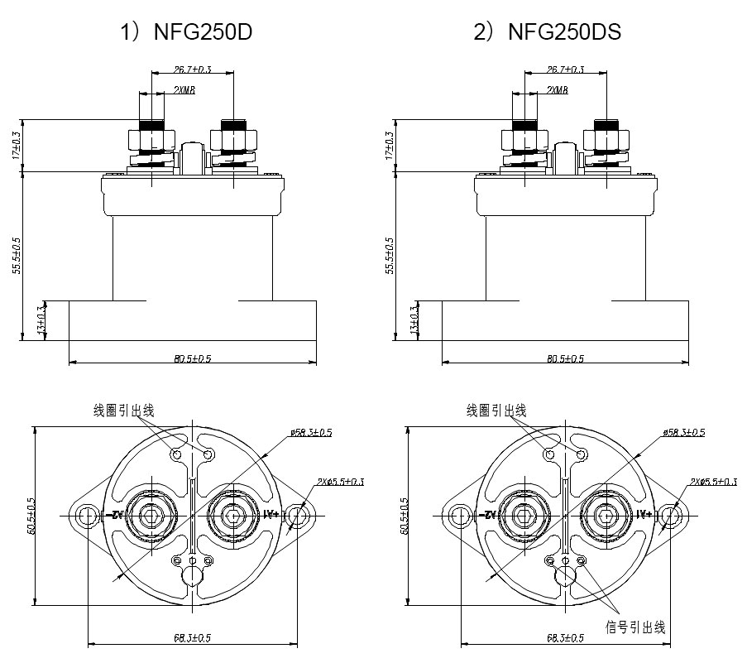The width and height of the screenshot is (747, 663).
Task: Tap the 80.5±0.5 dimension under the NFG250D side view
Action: (194, 358)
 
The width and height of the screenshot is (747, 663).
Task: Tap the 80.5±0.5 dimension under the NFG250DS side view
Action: (566, 358)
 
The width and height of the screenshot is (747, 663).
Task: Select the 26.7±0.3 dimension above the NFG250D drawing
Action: (193, 70)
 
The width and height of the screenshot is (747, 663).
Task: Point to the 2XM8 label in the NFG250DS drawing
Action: (557, 89)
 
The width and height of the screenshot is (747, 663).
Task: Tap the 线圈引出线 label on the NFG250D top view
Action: (124, 410)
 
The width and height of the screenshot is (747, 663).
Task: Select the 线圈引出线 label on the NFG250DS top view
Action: (496, 410)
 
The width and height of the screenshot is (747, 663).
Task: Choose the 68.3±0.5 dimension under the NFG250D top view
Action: (194, 637)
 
